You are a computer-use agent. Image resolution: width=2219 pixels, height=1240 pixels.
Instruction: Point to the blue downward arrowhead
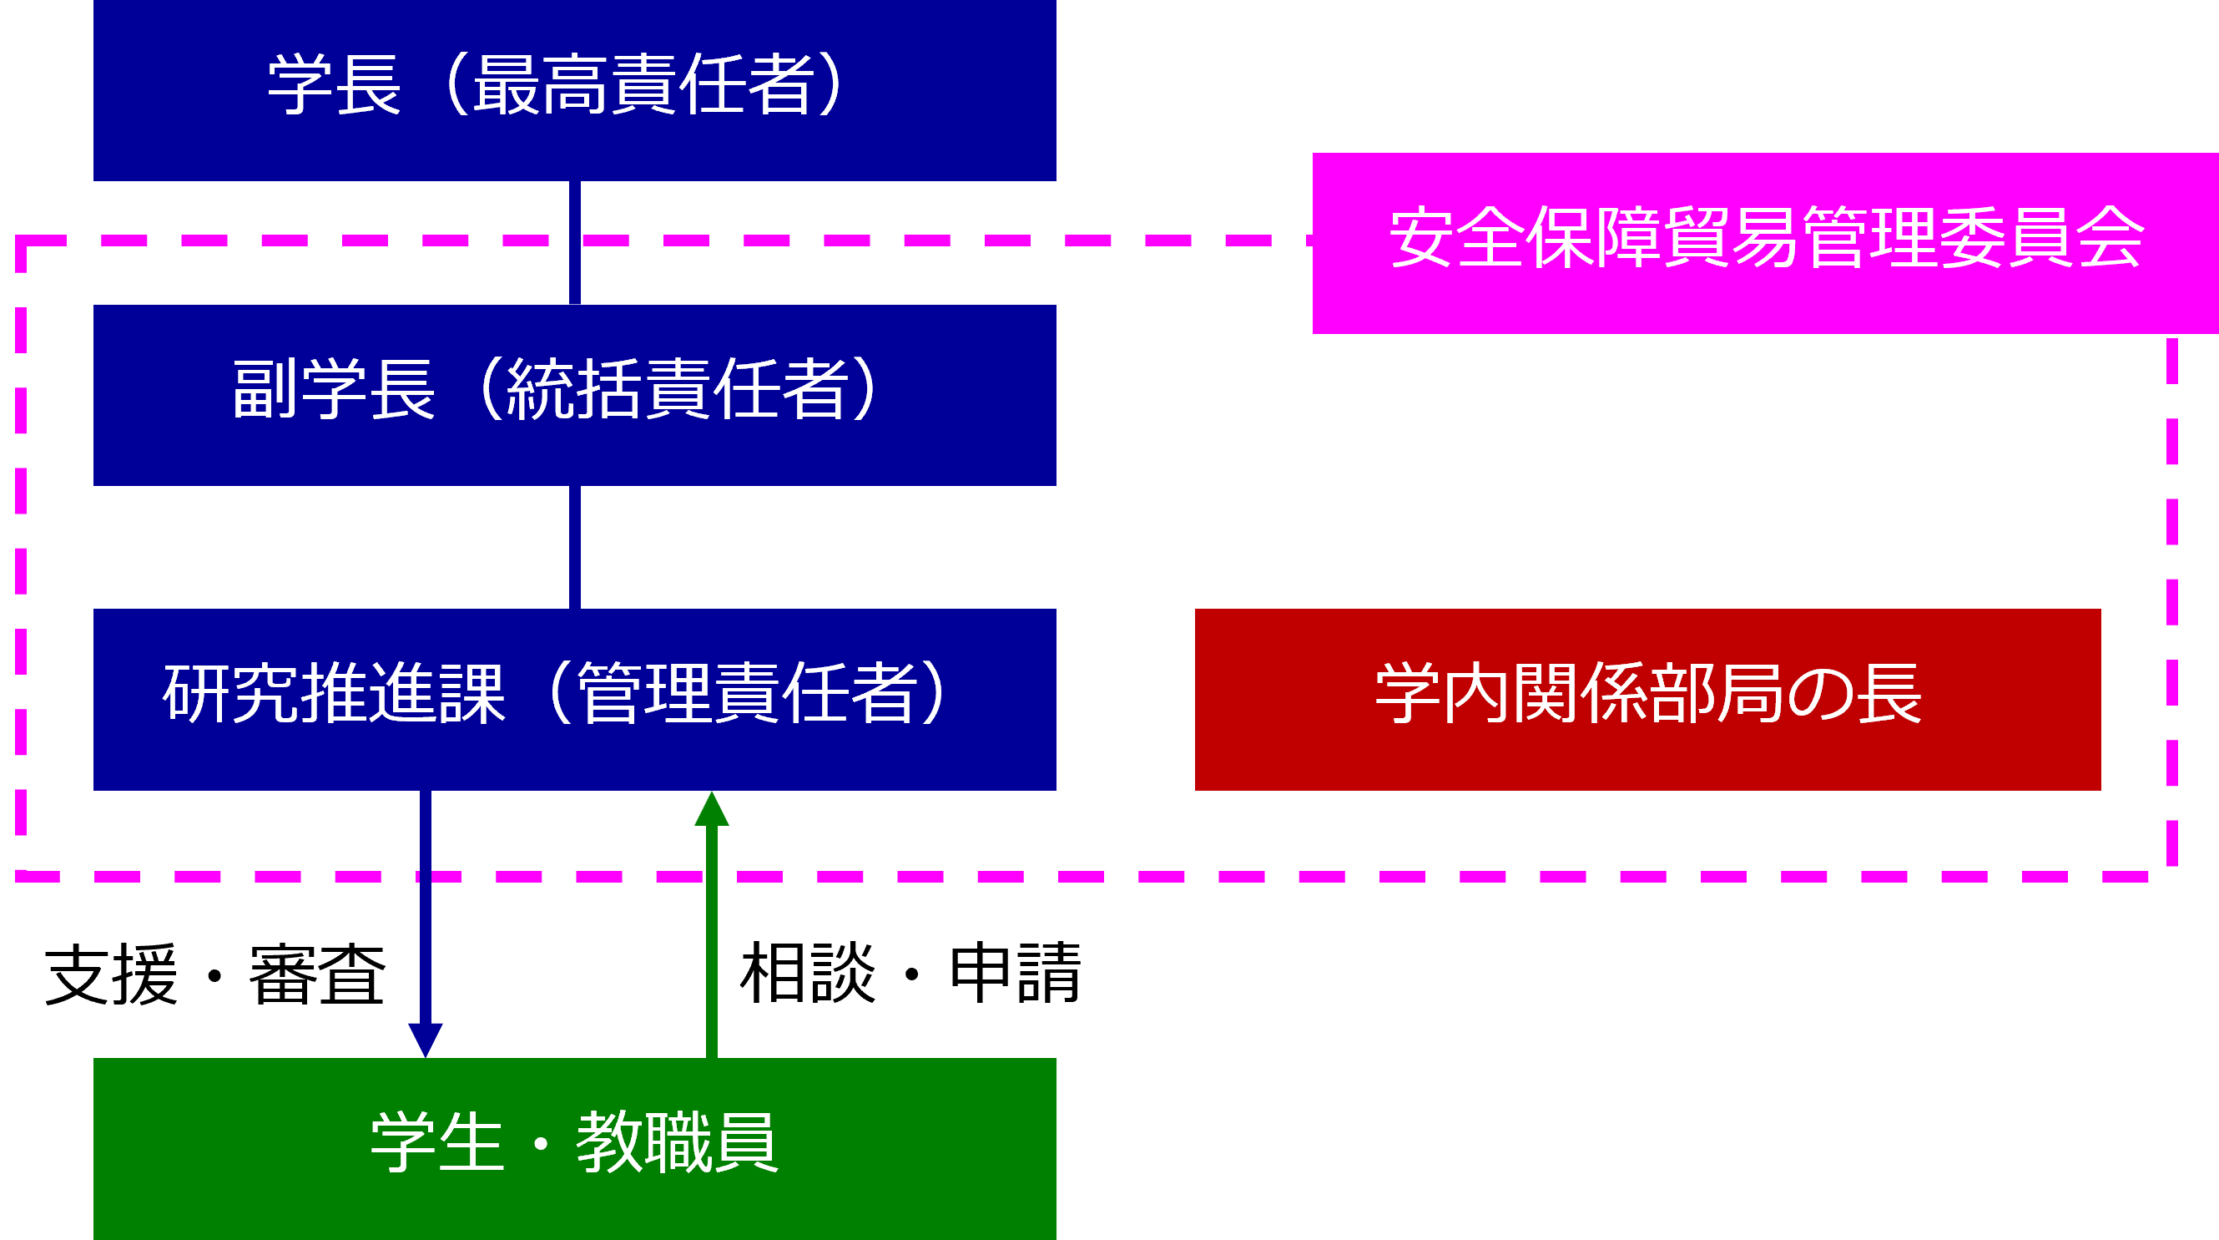coord(426,1040)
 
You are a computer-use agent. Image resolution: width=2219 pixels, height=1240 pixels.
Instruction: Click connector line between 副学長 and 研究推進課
coord(574,547)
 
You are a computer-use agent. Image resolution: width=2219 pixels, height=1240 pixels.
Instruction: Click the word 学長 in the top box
coord(335,84)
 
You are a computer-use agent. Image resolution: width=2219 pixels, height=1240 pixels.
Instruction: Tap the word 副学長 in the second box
coord(333,389)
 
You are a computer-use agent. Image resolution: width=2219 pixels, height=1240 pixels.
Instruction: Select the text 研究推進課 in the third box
coord(335,694)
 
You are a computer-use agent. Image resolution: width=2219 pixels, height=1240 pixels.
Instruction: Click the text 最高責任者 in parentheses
coord(643,84)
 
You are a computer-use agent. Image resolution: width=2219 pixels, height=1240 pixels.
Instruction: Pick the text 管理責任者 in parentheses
coord(746,694)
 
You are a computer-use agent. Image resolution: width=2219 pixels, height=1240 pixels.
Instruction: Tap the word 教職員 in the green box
coord(677,1142)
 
